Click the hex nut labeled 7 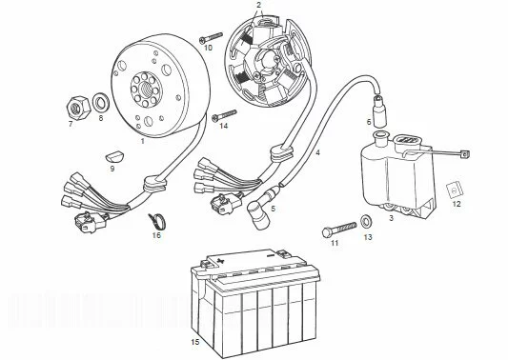click(78, 108)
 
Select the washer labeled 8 click(101, 102)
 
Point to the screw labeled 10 click(211, 37)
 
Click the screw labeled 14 click(224, 115)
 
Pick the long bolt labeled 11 click(339, 229)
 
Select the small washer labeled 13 click(367, 221)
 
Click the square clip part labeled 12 click(455, 190)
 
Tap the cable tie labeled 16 click(157, 221)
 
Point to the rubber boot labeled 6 click(379, 111)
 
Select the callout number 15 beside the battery click(195, 342)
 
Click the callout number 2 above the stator click(258, 5)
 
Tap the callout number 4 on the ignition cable click(317, 152)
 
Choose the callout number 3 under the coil click(391, 218)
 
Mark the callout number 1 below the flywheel click(142, 141)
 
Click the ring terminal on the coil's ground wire click(465, 154)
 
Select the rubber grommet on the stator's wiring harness click(281, 152)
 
